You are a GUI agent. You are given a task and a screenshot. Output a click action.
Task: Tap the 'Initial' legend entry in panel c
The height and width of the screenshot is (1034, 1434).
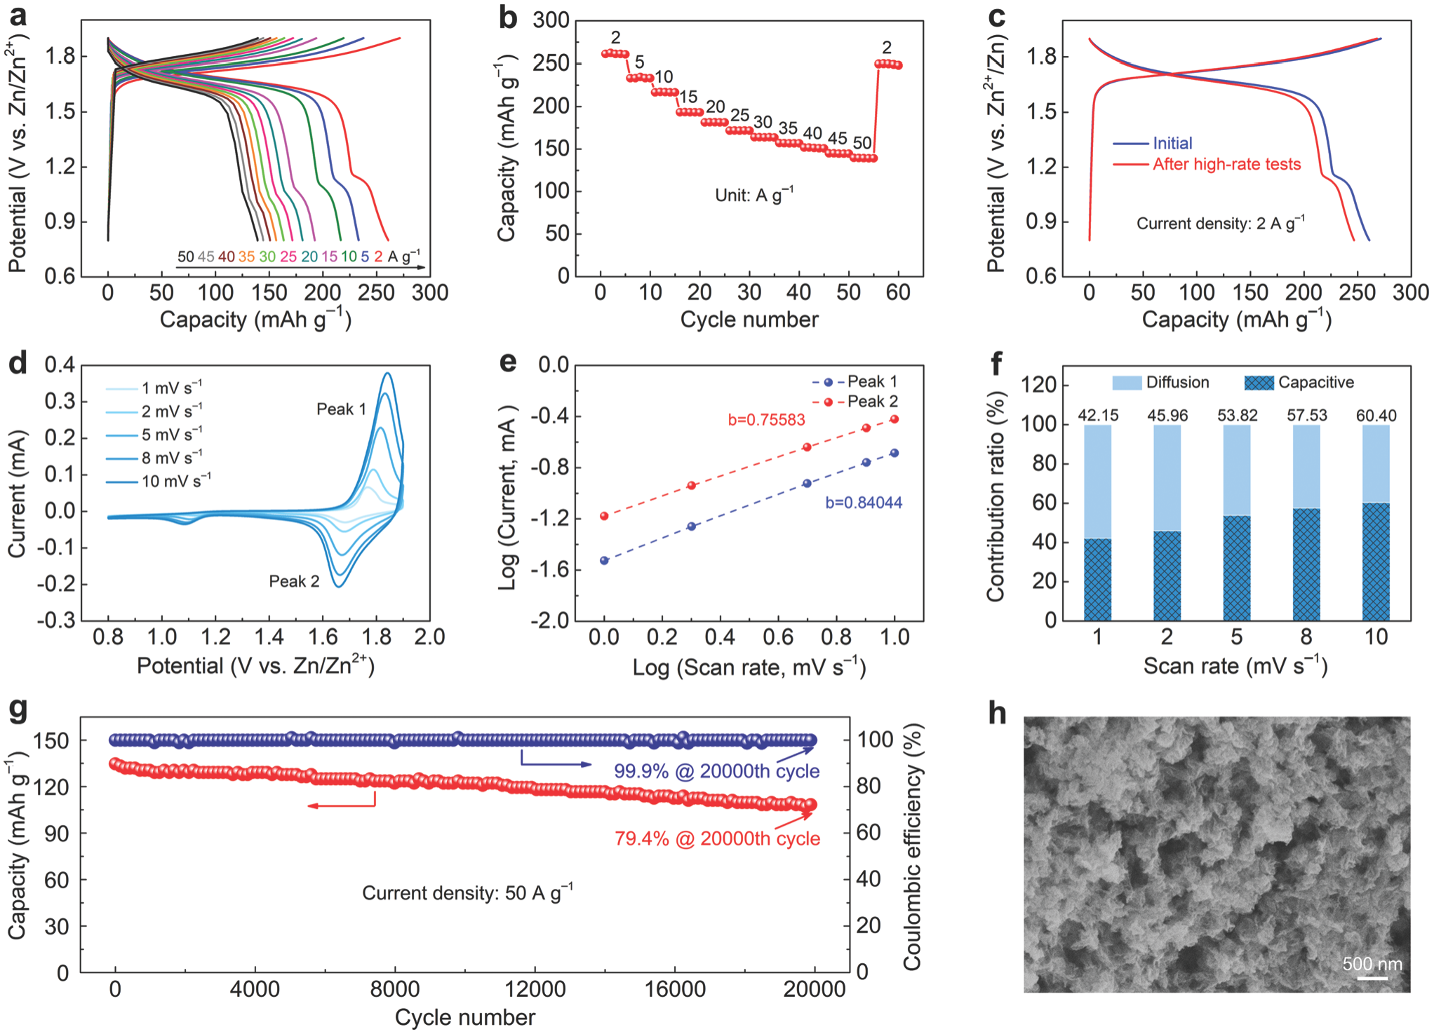1172,143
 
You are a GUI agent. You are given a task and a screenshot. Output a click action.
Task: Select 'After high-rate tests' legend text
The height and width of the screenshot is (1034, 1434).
1226,164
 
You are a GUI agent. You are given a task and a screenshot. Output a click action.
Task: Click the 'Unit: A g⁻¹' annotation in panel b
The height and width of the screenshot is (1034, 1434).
754,195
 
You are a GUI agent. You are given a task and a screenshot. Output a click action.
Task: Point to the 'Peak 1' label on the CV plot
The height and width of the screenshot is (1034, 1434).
341,409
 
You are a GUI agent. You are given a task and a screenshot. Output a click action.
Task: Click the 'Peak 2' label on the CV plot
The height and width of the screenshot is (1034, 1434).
294,581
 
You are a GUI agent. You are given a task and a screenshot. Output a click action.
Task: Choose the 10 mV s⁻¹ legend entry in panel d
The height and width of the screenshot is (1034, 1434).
175,481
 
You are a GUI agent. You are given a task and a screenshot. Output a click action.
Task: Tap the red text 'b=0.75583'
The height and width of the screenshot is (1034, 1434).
766,420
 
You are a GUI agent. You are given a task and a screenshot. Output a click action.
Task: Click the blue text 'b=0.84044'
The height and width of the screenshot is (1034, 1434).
864,503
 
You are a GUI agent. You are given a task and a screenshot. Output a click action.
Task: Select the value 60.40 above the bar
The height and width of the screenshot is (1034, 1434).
1376,416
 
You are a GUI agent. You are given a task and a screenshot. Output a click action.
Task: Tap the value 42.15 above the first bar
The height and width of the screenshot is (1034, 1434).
1098,416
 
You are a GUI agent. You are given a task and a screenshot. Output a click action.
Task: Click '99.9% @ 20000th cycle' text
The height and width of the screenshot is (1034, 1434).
716,771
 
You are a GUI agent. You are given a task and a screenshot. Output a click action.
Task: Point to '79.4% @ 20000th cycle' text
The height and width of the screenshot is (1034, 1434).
717,838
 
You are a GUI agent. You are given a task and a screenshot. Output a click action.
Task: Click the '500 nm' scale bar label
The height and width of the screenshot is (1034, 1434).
1372,964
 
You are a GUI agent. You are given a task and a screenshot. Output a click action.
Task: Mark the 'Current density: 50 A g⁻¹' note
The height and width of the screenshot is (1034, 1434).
467,893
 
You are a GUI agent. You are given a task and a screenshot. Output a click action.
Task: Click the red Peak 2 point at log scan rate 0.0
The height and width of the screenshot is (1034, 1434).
604,517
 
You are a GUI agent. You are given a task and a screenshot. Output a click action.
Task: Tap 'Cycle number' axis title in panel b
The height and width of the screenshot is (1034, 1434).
749,320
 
